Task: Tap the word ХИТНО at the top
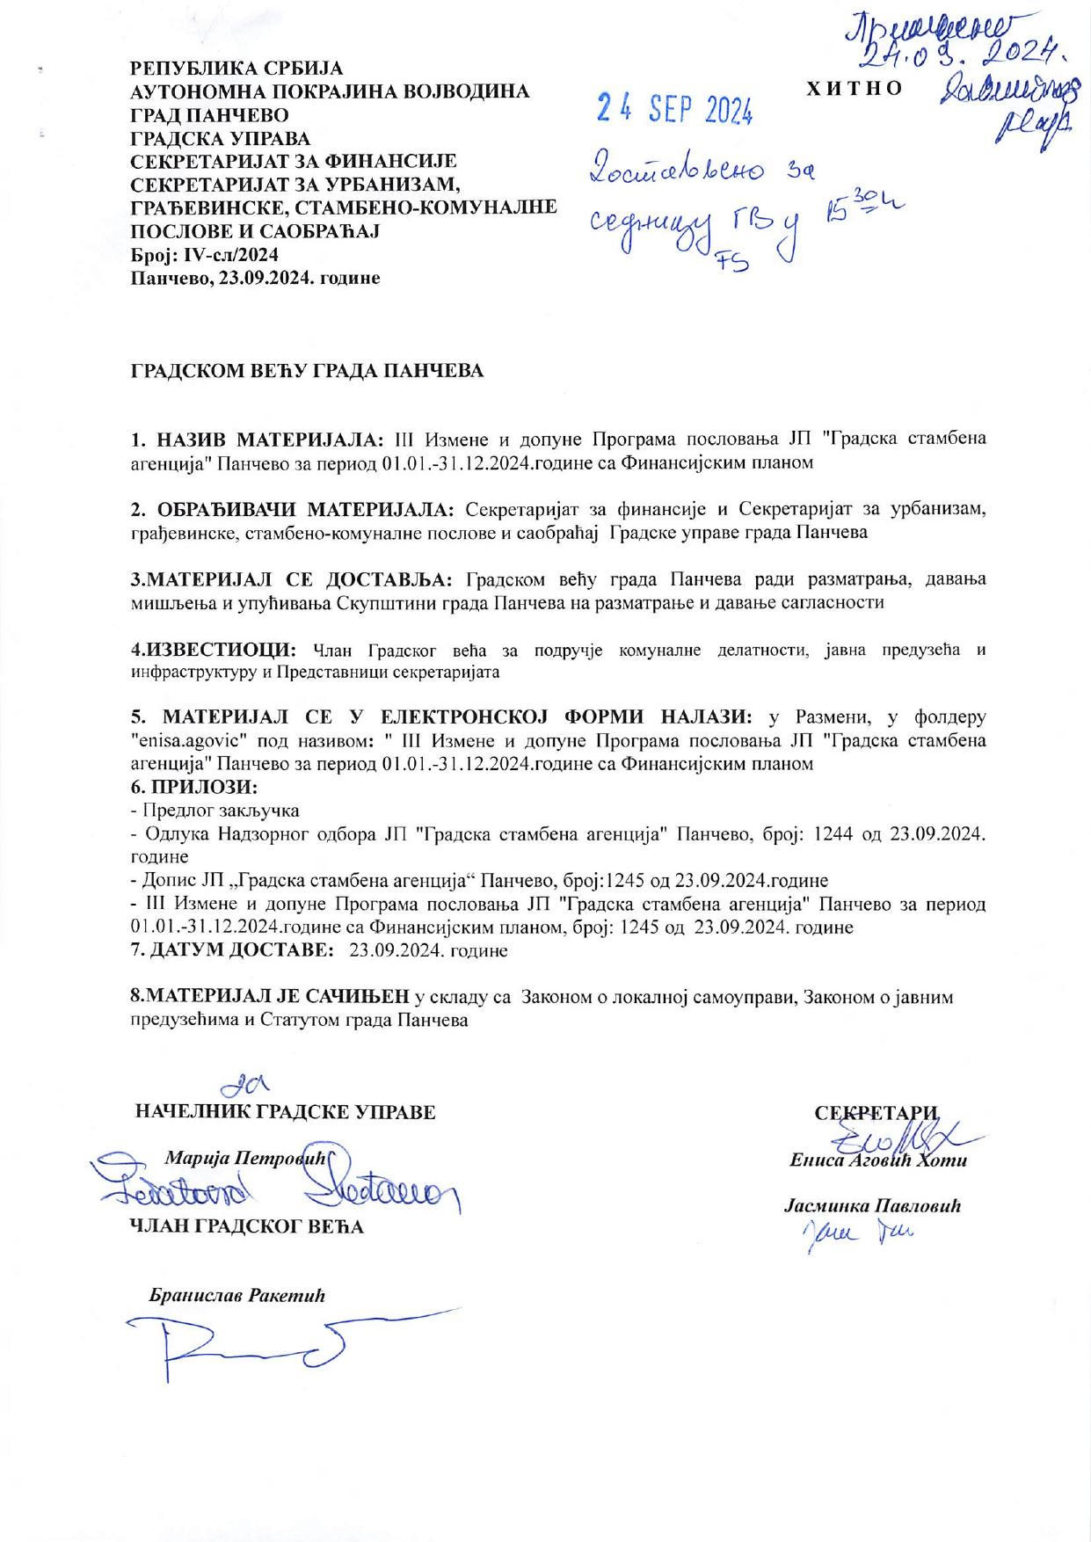[854, 89]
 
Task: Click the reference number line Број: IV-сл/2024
[204, 255]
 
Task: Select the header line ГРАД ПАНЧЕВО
[209, 115]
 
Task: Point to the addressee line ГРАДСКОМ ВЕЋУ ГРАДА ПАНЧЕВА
[307, 371]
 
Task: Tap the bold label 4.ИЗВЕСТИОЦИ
[213, 650]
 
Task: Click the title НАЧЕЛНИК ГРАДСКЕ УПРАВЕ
[286, 1111]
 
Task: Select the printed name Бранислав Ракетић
[237, 1295]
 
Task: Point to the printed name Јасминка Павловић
[872, 1206]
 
